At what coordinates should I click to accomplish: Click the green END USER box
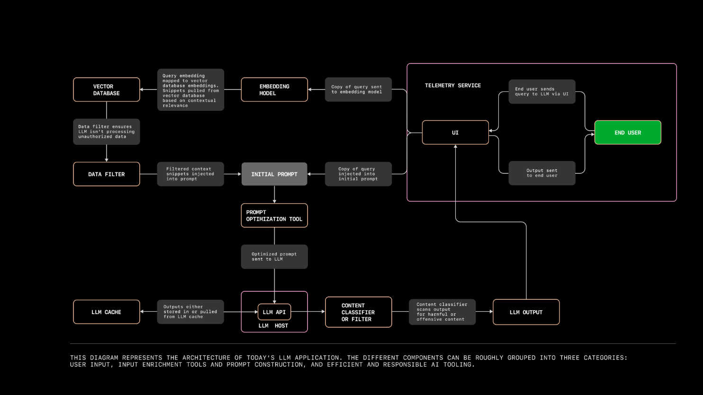pos(628,133)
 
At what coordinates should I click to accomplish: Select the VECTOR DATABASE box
pos(107,90)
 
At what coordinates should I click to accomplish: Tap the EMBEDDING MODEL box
pos(274,90)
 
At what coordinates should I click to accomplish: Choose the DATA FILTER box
pos(107,174)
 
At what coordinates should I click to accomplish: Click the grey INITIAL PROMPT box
pos(274,174)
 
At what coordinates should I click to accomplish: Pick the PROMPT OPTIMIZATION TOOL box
pos(274,215)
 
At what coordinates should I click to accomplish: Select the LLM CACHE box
pos(107,312)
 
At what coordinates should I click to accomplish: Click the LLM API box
pos(274,312)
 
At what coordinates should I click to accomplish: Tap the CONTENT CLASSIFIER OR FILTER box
pos(359,312)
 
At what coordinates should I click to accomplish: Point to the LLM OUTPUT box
pos(526,312)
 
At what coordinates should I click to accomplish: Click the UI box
pos(455,133)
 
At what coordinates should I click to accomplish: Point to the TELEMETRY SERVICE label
pos(453,86)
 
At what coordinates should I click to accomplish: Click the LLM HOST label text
pos(273,326)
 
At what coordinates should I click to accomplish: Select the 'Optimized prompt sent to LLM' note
pos(274,257)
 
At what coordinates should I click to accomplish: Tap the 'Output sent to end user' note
pos(542,173)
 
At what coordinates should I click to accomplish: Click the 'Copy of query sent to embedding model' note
pos(358,90)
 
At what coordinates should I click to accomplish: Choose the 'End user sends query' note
pos(542,91)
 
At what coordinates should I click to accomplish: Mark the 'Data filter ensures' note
pos(107,132)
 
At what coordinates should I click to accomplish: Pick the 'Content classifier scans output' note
pos(442,312)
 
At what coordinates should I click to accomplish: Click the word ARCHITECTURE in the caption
pos(207,358)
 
